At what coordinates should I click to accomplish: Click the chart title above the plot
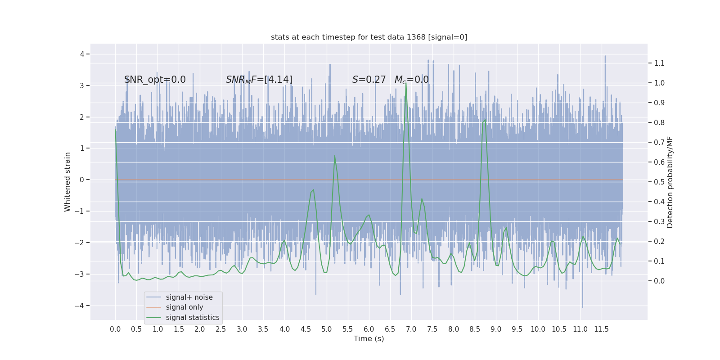point(369,37)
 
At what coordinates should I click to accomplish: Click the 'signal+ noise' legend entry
point(189,297)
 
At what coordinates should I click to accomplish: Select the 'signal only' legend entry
point(184,307)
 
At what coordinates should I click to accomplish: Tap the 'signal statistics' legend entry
point(193,318)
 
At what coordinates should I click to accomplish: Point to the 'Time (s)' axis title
point(369,338)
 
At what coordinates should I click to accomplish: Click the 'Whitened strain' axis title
point(67,182)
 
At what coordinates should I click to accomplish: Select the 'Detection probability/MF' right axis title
point(670,182)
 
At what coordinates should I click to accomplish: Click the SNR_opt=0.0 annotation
point(155,80)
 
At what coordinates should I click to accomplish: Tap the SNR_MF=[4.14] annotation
point(259,80)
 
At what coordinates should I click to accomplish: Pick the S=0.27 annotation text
point(369,80)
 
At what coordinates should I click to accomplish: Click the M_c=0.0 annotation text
point(411,80)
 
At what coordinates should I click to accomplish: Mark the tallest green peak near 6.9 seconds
point(406,84)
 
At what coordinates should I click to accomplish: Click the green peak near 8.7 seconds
point(485,120)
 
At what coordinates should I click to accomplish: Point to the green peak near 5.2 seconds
point(334,156)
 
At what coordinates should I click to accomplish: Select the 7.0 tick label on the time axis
point(411,329)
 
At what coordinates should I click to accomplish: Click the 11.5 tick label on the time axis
point(601,329)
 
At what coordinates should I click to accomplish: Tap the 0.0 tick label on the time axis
point(115,329)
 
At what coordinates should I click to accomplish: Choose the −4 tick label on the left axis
point(82,306)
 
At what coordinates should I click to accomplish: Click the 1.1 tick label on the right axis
point(659,63)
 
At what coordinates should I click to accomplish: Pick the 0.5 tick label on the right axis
point(659,182)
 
